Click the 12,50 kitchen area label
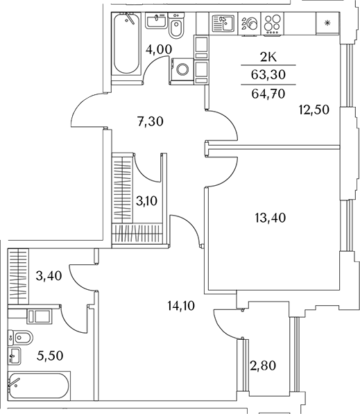[x=314, y=110]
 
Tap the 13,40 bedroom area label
[x=271, y=218]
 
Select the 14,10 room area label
[x=181, y=306]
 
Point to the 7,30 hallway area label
[x=151, y=122]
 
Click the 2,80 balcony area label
[x=263, y=366]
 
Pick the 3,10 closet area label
[x=146, y=201]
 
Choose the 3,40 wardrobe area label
[x=49, y=276]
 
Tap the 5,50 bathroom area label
[x=50, y=356]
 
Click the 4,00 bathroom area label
[x=159, y=49]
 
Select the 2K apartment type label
[x=268, y=57]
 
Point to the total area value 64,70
[x=268, y=94]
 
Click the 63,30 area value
[x=268, y=75]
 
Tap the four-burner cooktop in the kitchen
[x=273, y=24]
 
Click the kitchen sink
[x=223, y=24]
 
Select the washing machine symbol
[x=182, y=70]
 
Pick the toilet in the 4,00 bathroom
[x=176, y=26]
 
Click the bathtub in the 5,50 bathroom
[x=39, y=386]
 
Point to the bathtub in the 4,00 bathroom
[x=126, y=44]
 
